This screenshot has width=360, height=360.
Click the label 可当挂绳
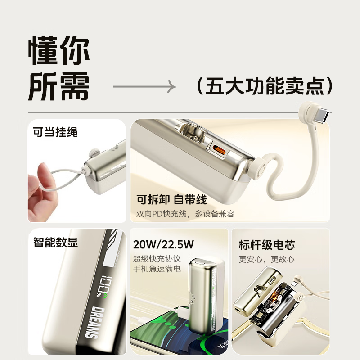click(x=55, y=132)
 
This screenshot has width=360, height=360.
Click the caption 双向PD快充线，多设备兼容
click(x=185, y=214)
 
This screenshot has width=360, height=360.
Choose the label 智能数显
click(x=55, y=243)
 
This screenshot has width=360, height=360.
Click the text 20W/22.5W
click(x=163, y=245)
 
